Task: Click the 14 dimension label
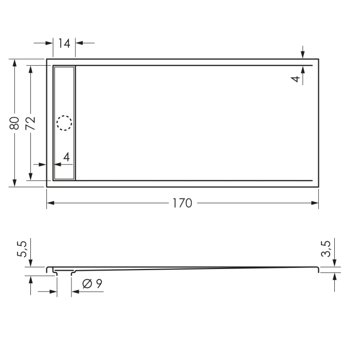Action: [64, 43]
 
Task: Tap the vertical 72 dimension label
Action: [30, 123]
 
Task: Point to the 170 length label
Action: [182, 203]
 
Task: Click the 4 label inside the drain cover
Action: [66, 157]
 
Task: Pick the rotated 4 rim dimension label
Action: [295, 79]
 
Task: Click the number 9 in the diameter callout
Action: [98, 283]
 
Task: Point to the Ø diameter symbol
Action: [87, 283]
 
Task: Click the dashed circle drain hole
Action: [64, 123]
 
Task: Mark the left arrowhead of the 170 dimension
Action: [50, 203]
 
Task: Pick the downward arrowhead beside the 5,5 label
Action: [31, 263]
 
